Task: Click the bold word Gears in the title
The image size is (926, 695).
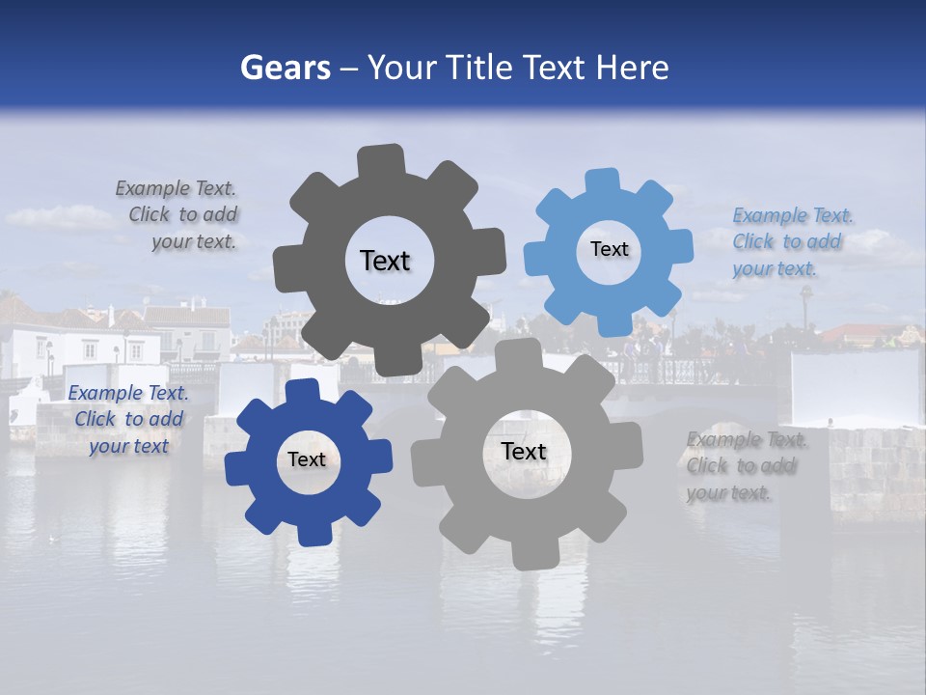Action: [285, 68]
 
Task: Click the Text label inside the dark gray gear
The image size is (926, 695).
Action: [385, 261]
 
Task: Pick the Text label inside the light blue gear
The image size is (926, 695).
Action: [609, 249]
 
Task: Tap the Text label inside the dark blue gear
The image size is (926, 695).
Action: [307, 460]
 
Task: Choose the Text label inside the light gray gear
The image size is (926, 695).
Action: [524, 452]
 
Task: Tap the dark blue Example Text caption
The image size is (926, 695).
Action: [128, 420]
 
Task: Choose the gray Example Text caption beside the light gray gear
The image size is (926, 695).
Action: [747, 466]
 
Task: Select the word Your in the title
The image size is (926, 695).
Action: [405, 68]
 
